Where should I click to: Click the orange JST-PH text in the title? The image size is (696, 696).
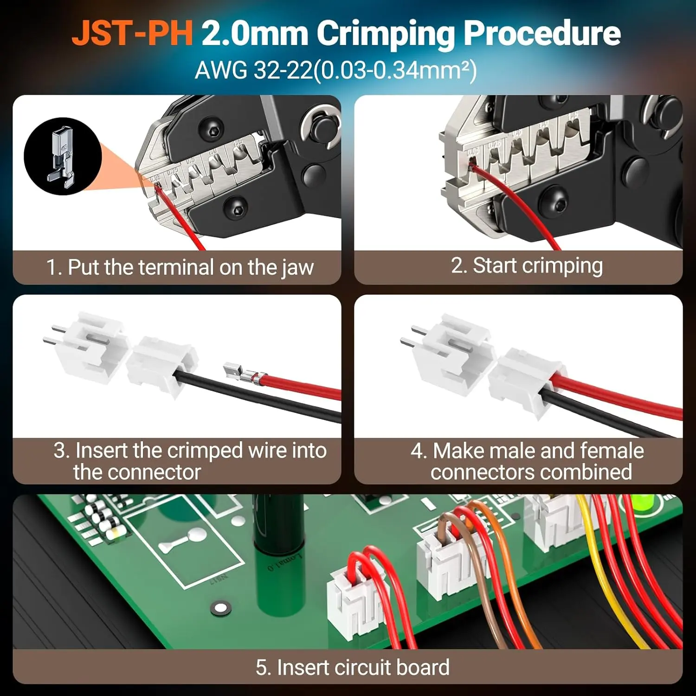click(132, 33)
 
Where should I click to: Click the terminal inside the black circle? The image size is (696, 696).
click(62, 157)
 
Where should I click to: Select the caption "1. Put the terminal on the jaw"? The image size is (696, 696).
click(180, 268)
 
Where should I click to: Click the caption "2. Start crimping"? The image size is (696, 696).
click(527, 266)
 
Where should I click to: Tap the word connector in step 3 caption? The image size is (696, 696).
click(160, 472)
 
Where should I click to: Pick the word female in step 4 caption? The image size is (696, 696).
click(612, 451)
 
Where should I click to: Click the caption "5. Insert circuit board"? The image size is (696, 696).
click(353, 667)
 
